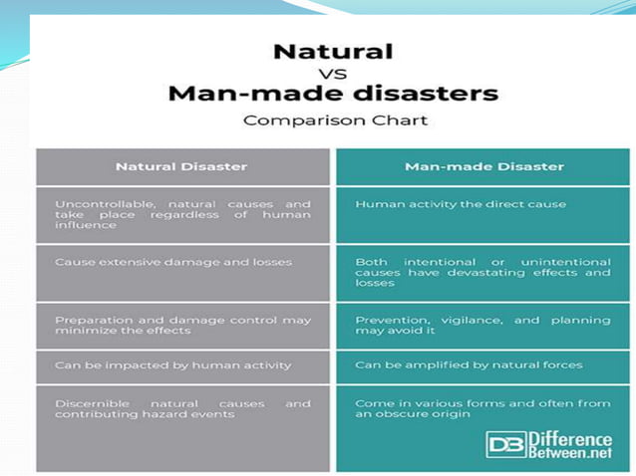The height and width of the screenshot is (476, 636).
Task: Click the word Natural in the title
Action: (333, 51)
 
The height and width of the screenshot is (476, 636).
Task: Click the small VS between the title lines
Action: (333, 75)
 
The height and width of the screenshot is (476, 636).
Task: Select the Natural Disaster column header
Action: (182, 166)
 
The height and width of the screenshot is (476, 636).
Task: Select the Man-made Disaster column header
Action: (483, 166)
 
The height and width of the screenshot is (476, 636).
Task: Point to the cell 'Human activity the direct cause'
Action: (460, 204)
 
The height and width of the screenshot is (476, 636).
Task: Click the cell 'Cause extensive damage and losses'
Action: (172, 262)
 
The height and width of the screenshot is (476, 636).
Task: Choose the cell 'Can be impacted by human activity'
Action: (172, 365)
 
